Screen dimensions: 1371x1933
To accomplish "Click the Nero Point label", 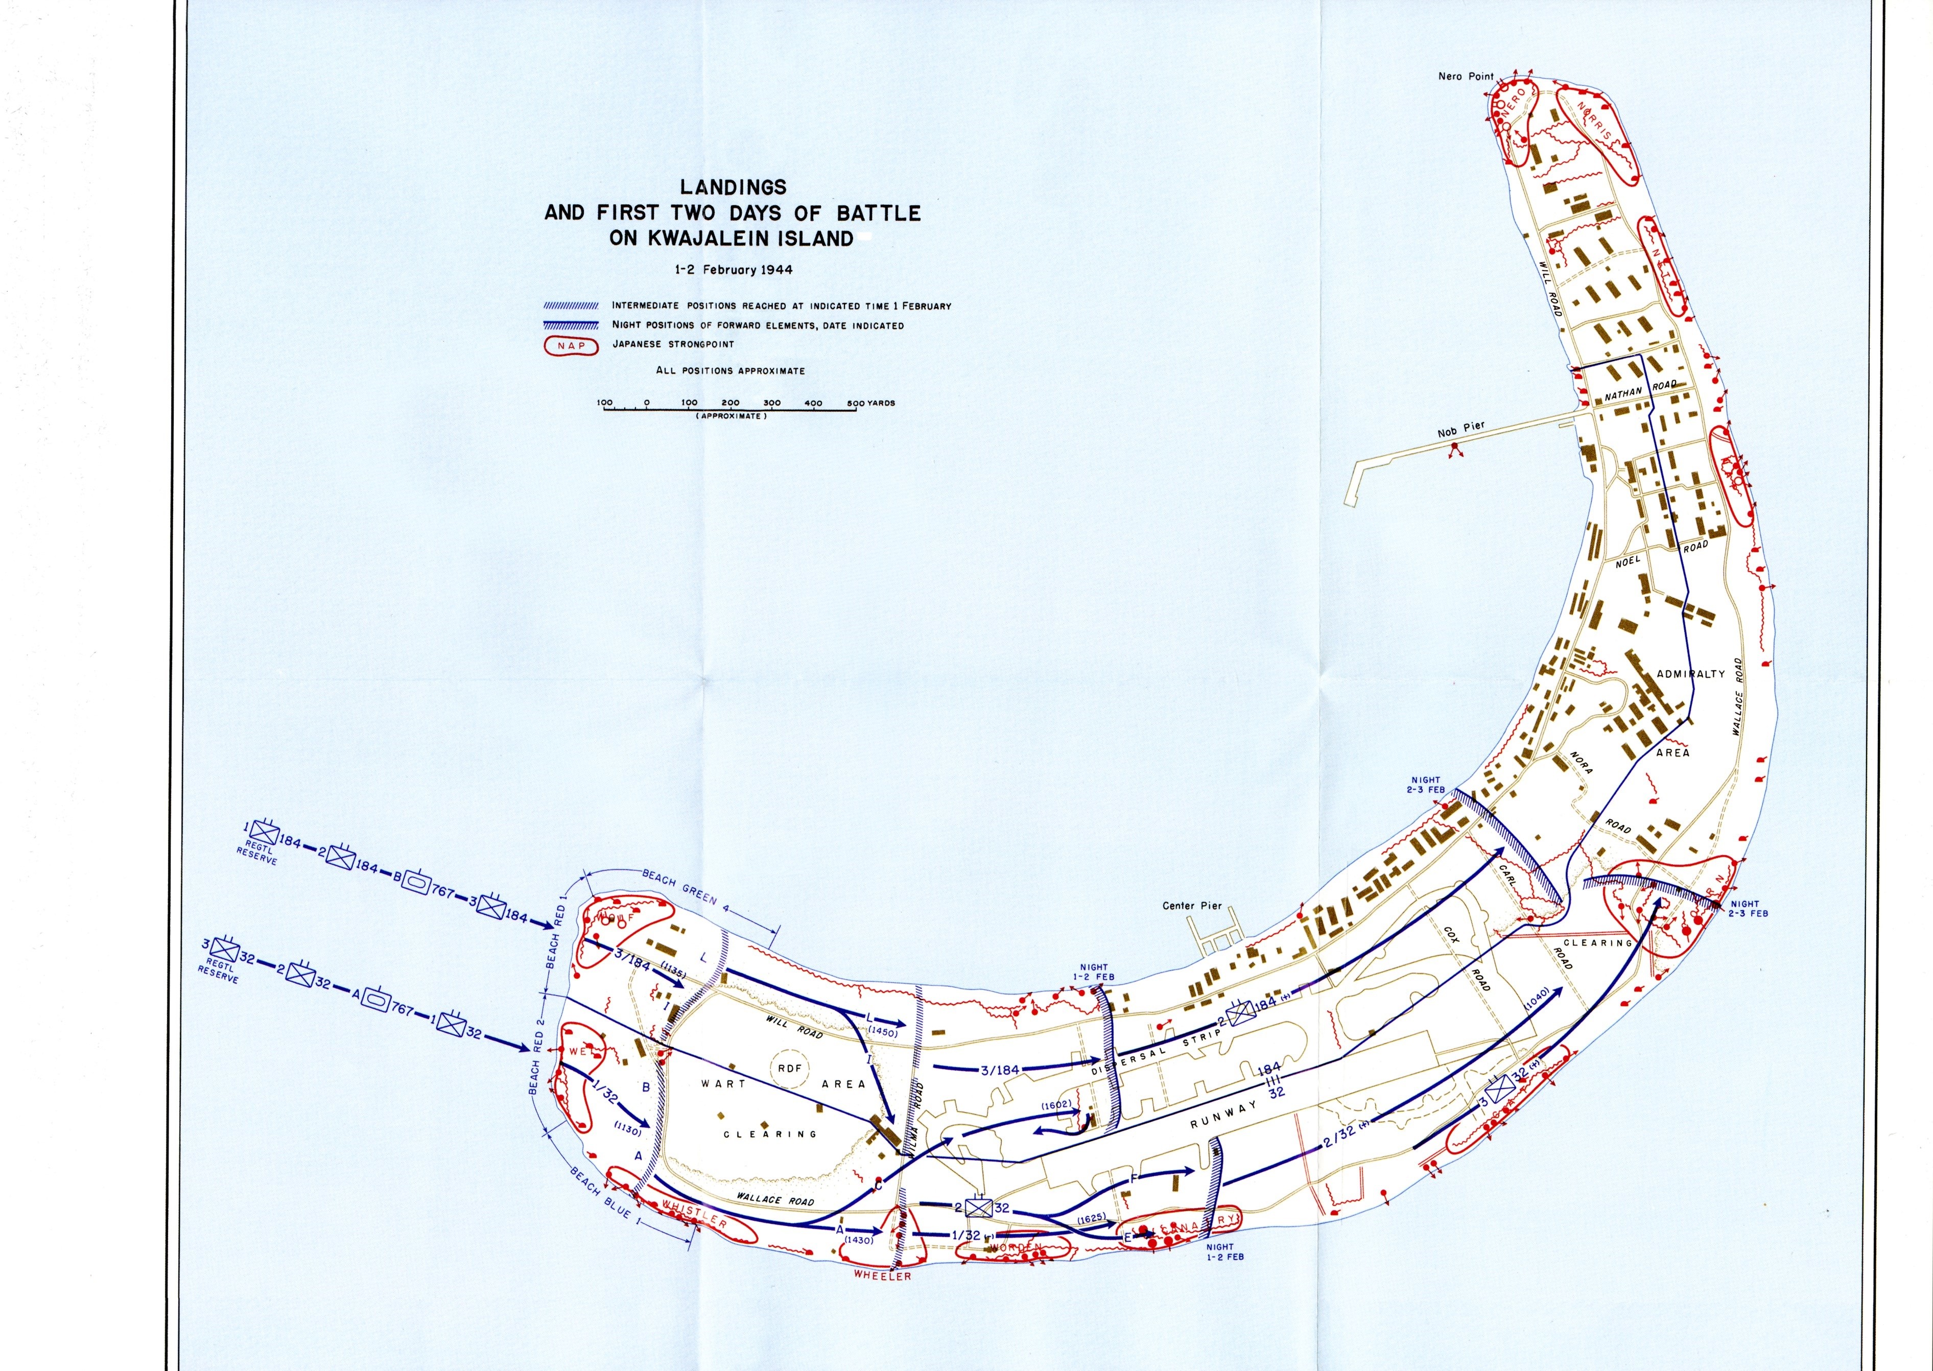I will pyautogui.click(x=1466, y=76).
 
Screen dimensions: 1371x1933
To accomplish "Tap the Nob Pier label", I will pyautogui.click(x=1460, y=432).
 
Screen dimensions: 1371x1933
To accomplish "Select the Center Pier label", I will pyautogui.click(x=1192, y=906).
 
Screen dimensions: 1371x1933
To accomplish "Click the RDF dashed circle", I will pyautogui.click(x=790, y=1069).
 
